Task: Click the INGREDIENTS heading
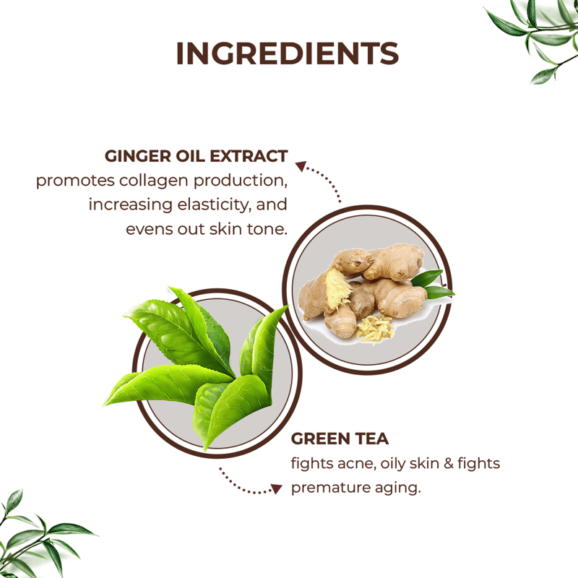click(x=288, y=53)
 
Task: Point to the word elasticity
click(x=215, y=205)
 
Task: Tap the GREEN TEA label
click(x=340, y=439)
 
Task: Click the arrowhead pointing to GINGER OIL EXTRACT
click(x=301, y=166)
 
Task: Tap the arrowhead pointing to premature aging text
click(x=277, y=489)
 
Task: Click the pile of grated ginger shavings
click(x=375, y=328)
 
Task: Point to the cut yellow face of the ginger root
click(x=335, y=285)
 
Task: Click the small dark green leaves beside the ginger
click(x=432, y=285)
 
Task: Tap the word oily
click(x=392, y=464)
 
